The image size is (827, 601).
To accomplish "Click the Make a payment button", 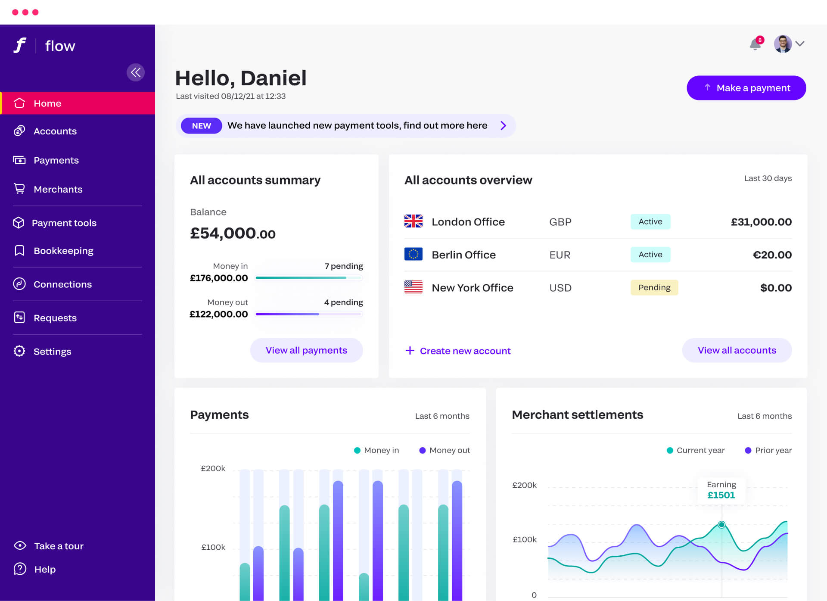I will (x=746, y=88).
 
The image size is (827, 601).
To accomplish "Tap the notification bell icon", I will (x=755, y=44).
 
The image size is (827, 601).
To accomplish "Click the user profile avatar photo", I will (x=783, y=44).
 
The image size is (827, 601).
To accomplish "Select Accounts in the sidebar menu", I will (x=55, y=131).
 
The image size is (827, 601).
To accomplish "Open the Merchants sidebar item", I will (x=58, y=189).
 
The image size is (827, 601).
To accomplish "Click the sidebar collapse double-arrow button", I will (x=135, y=72).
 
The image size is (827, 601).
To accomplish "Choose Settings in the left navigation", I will (x=52, y=352).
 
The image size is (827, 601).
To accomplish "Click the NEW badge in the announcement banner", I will (x=201, y=126).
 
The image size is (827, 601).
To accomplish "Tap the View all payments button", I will (x=306, y=350).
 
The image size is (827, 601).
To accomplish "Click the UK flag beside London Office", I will (x=413, y=221).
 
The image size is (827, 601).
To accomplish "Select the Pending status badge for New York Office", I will (x=654, y=287).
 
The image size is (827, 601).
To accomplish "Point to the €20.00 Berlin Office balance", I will (x=772, y=255).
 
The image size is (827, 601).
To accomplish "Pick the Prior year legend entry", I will (x=768, y=450).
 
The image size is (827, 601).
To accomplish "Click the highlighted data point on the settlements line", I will (x=721, y=525).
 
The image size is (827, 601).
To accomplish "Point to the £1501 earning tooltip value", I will (x=721, y=495).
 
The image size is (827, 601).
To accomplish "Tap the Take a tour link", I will (x=59, y=546).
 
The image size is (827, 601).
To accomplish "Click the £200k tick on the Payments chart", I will (x=213, y=468).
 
